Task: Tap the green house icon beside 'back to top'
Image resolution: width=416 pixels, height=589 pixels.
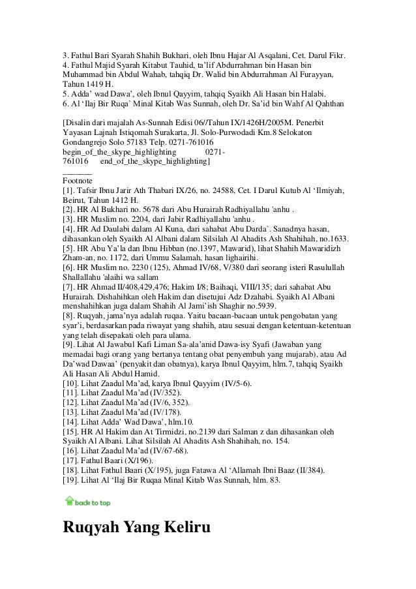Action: click(69, 501)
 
